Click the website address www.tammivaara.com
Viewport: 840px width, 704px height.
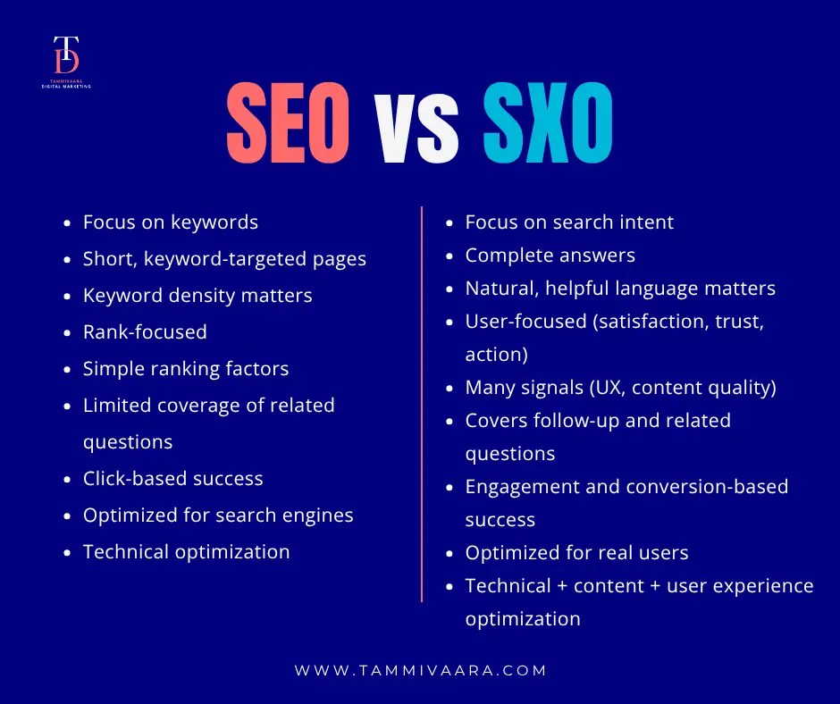[420, 670]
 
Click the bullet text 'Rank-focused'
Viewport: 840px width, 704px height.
[145, 332]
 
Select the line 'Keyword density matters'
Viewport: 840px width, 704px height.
[197, 296]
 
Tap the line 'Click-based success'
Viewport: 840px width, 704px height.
[172, 479]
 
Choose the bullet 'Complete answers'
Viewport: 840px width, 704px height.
[550, 256]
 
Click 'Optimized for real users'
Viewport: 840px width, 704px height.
[576, 553]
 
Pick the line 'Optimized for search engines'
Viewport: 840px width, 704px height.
[218, 515]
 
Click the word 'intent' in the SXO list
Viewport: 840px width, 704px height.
[647, 222]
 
